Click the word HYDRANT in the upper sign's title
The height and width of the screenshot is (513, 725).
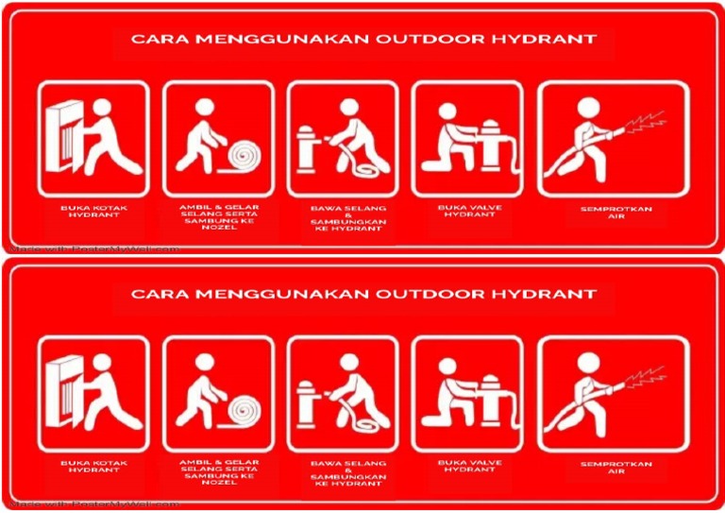554,40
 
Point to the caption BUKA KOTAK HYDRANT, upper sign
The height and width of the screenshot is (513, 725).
93,211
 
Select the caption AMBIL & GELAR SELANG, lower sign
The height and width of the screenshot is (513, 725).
219,467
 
